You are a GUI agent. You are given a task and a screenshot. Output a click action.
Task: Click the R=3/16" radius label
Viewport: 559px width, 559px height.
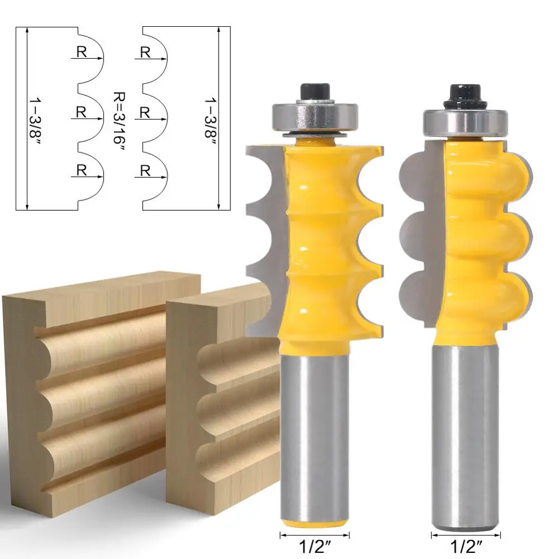click(x=119, y=118)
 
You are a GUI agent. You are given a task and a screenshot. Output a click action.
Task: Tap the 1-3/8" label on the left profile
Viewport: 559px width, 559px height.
click(x=35, y=120)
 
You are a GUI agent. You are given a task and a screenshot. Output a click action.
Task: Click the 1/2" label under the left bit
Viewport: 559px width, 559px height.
click(x=315, y=547)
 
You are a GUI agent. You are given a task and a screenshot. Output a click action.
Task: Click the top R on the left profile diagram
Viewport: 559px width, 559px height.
click(x=82, y=52)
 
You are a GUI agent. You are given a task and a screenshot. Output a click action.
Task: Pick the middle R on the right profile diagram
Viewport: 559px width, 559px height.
click(x=144, y=113)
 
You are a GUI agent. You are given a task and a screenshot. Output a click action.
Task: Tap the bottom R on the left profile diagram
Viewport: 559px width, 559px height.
click(x=82, y=170)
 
